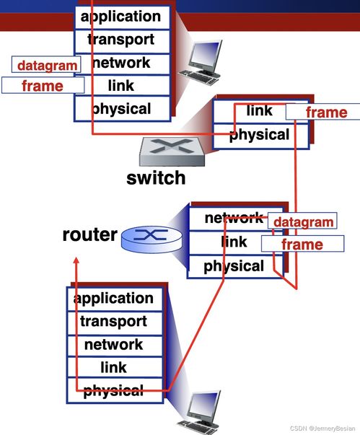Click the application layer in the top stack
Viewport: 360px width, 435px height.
point(123,17)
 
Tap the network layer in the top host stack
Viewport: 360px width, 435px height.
point(123,64)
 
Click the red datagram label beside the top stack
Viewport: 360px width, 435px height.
point(46,65)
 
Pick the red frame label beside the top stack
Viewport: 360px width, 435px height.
point(43,85)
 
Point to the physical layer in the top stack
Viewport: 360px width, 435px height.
point(123,108)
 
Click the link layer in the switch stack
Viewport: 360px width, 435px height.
point(260,112)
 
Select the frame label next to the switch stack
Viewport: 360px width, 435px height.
point(323,112)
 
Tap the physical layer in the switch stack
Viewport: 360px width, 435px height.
point(260,136)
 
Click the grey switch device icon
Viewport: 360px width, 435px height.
point(172,151)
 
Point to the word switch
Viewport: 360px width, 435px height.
point(156,178)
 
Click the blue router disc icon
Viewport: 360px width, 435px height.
point(152,239)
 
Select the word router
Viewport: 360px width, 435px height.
point(90,234)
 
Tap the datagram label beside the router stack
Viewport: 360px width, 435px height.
point(302,221)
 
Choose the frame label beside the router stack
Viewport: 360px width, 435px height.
point(302,244)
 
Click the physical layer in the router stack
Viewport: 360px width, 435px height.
point(235,266)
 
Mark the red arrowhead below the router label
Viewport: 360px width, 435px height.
point(76,260)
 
